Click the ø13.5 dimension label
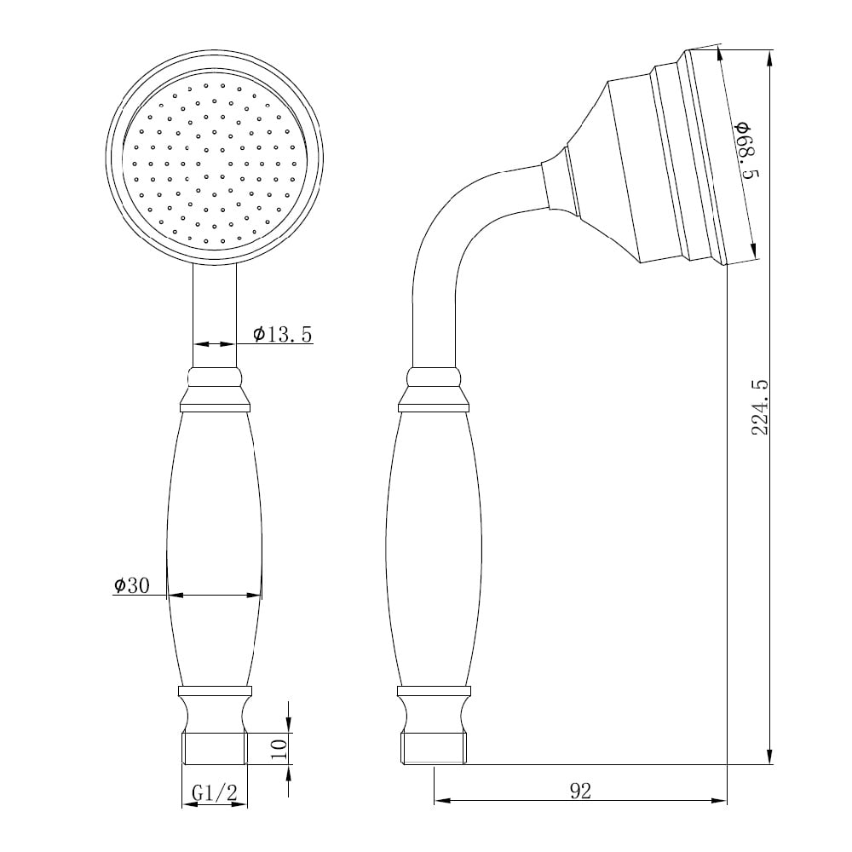click(283, 335)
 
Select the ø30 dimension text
click(131, 585)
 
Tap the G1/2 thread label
click(214, 793)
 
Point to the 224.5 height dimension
click(760, 407)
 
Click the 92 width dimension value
click(580, 791)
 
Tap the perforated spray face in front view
click(214, 162)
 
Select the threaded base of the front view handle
click(214, 748)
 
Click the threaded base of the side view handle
click(434, 748)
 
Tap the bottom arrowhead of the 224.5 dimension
click(770, 757)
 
